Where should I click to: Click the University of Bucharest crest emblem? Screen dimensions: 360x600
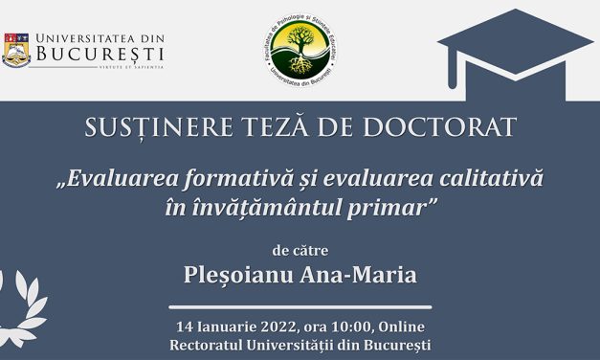point(16,49)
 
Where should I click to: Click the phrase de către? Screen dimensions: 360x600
point(300,252)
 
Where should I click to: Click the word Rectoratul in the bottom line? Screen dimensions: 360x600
point(208,344)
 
